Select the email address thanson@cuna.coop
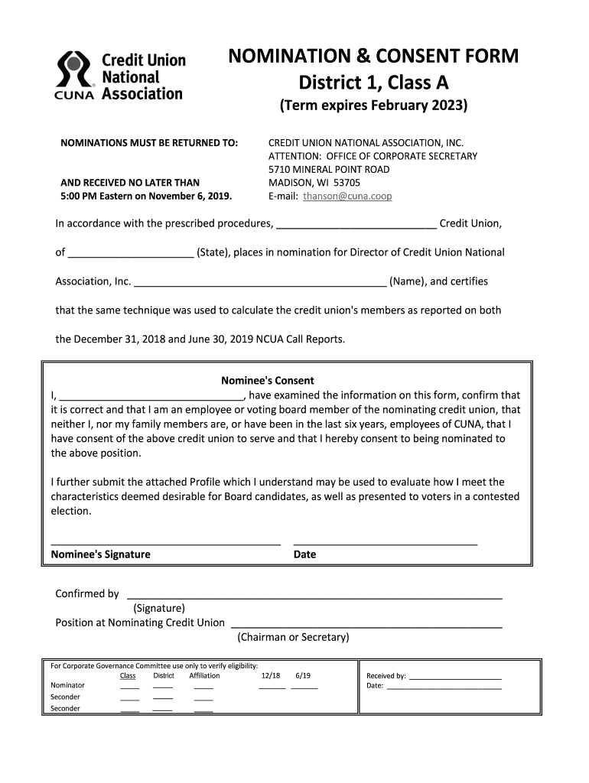(x=347, y=196)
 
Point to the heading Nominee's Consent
(x=268, y=380)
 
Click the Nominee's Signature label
(x=100, y=554)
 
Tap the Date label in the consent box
(x=304, y=554)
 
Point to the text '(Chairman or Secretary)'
(x=293, y=637)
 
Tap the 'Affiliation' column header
(x=204, y=676)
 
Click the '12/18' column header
(x=271, y=676)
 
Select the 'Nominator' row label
(x=67, y=685)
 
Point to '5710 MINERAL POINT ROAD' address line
(x=329, y=169)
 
